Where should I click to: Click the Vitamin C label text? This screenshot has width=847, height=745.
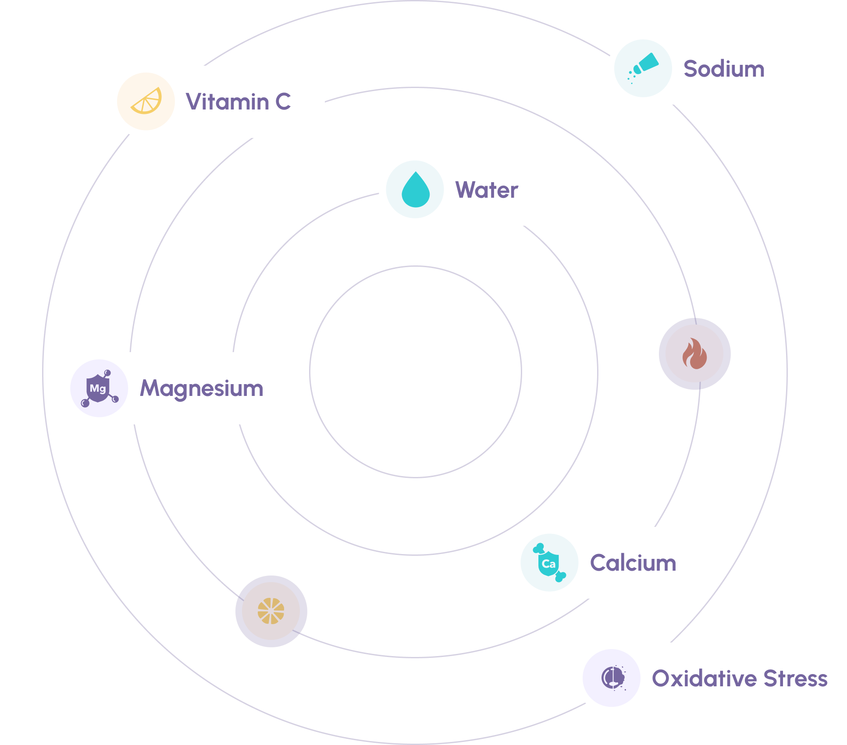(238, 102)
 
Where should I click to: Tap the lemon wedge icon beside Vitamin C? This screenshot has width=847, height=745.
(146, 101)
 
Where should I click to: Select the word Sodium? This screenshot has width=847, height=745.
(724, 69)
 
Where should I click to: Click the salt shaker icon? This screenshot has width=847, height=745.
(643, 68)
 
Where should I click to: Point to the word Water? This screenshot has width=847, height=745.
(487, 190)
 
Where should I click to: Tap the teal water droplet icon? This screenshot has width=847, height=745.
(415, 190)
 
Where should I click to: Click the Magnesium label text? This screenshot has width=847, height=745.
(202, 388)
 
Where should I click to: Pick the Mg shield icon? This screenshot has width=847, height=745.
(99, 388)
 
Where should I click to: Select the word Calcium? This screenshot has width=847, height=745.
(633, 563)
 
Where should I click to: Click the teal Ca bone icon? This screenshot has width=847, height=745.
(549, 563)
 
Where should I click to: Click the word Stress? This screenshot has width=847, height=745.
(795, 678)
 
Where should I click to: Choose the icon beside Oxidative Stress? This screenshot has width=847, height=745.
(612, 678)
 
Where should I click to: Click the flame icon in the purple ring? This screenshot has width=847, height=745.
(694, 354)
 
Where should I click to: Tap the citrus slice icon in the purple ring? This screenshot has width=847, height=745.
(271, 611)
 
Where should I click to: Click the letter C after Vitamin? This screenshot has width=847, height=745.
(283, 102)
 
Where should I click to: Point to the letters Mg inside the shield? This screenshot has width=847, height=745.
(98, 388)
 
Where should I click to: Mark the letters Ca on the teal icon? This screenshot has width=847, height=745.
(548, 564)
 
